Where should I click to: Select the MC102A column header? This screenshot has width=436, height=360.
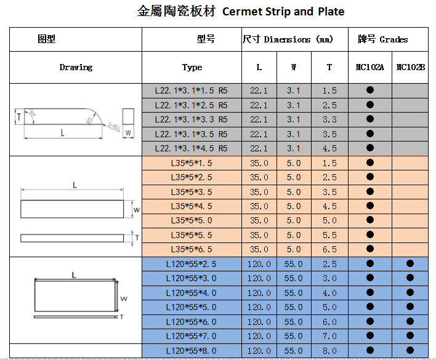pyautogui.click(x=369, y=67)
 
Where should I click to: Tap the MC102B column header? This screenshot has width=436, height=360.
pyautogui.click(x=410, y=67)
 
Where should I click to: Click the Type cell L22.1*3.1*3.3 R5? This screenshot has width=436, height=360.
pyautogui.click(x=191, y=119)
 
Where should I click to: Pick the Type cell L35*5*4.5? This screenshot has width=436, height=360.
pyautogui.click(x=191, y=206)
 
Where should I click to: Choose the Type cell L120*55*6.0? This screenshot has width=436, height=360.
pyautogui.click(x=191, y=322)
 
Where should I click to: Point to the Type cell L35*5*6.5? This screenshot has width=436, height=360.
pyautogui.click(x=191, y=249)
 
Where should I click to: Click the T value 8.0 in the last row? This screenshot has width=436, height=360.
pyautogui.click(x=329, y=351)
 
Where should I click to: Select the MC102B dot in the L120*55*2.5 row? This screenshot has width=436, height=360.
pyautogui.click(x=410, y=264)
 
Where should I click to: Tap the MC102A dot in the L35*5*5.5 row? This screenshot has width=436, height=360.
pyautogui.click(x=370, y=235)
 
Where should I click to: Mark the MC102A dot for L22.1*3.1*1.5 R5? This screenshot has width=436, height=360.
pyautogui.click(x=370, y=90)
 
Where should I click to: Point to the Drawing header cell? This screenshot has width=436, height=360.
pyautogui.click(x=76, y=67)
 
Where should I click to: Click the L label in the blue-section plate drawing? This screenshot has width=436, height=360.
pyautogui.click(x=73, y=275)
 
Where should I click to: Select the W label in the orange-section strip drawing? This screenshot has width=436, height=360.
pyautogui.click(x=137, y=210)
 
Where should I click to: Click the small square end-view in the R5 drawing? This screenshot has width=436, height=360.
pyautogui.click(x=128, y=116)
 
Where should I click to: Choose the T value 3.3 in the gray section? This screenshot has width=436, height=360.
pyautogui.click(x=329, y=119)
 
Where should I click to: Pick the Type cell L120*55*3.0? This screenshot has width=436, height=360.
pyautogui.click(x=191, y=278)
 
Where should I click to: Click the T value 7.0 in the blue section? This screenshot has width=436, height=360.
pyautogui.click(x=329, y=336)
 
